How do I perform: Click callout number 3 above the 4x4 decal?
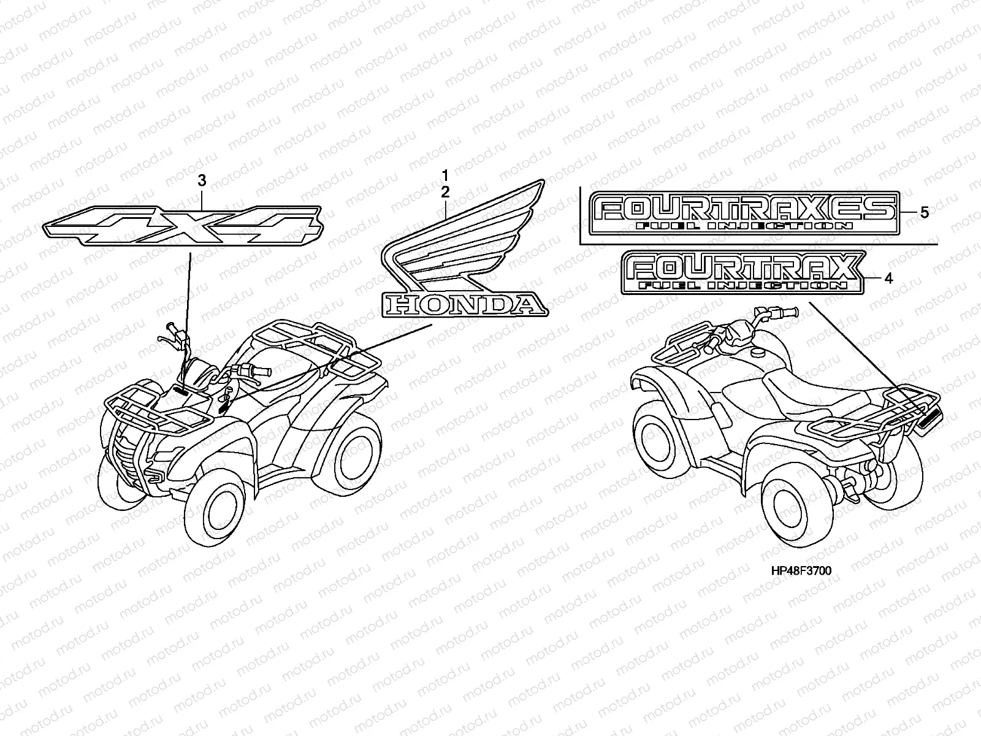[x=202, y=180]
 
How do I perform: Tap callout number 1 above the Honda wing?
[x=446, y=176]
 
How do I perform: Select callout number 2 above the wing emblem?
[x=446, y=191]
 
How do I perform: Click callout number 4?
[x=888, y=278]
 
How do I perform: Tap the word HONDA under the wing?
[x=462, y=304]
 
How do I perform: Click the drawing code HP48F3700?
[x=801, y=571]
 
